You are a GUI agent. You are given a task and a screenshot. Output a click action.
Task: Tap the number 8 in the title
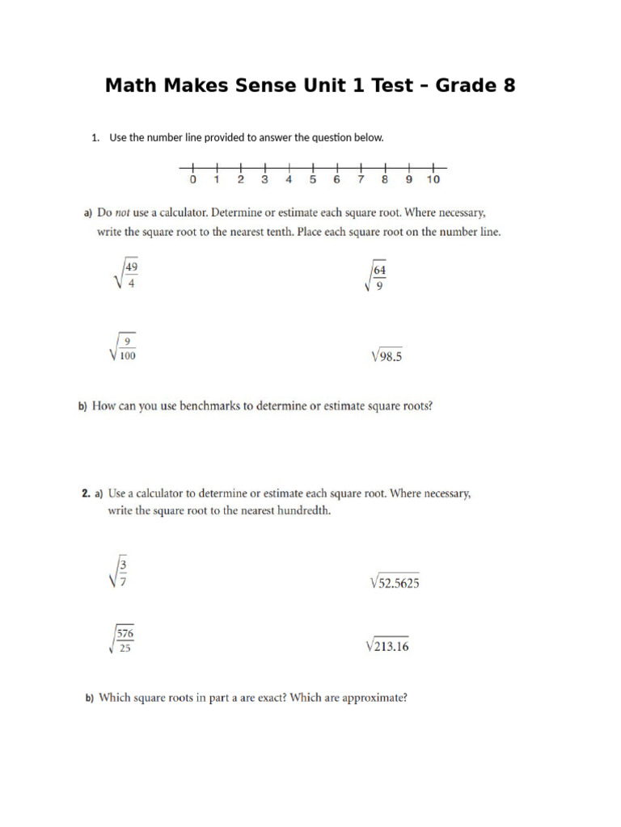(508, 85)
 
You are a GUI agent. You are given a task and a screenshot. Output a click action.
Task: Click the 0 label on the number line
(192, 179)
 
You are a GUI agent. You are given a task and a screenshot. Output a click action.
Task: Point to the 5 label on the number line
(313, 179)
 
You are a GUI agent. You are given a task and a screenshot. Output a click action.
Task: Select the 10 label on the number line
(433, 179)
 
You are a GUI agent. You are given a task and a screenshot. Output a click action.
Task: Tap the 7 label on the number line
(361, 179)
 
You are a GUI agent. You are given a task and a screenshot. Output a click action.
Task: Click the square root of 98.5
(385, 355)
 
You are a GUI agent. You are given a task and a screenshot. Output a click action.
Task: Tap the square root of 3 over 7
(117, 573)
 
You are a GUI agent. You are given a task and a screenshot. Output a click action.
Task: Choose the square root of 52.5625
(394, 582)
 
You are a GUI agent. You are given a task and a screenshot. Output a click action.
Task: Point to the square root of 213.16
(387, 645)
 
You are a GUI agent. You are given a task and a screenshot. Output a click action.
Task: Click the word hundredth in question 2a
(303, 511)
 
